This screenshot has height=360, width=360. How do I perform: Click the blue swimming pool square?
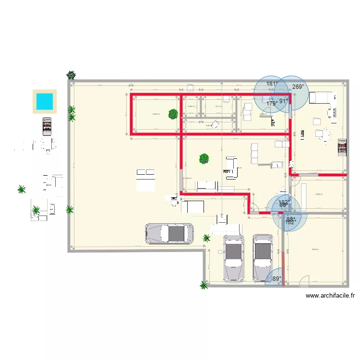pos(45,101)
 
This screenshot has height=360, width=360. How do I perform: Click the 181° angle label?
pos(272,84)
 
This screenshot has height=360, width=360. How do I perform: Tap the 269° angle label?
pos(298,87)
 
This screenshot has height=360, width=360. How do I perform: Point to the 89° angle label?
pos(276,278)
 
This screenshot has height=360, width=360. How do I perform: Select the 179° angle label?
pos(272,103)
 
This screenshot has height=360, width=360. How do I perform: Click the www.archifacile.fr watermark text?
pos(330,296)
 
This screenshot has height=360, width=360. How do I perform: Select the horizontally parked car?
pos(170,233)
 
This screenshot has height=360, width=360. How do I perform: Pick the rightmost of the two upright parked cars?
pos(263,257)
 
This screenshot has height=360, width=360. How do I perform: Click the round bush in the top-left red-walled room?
pos(173,114)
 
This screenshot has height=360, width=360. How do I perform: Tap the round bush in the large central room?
pos(204,158)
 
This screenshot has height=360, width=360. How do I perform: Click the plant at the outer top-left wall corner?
pos(71,75)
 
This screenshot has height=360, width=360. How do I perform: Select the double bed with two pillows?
pos(145,180)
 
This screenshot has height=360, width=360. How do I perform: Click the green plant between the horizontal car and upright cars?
pos(206,238)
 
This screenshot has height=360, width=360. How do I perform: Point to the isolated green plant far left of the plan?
pos(21,189)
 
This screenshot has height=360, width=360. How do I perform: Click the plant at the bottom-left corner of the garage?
pos(204,286)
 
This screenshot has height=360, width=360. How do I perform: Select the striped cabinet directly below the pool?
pos(47,127)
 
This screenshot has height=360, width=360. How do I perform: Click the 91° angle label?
pos(284,101)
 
